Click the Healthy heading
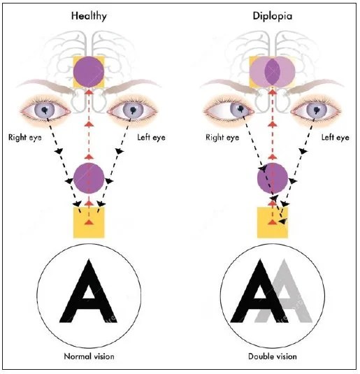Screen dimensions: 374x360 click(x=88, y=15)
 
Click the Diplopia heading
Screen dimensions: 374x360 click(x=273, y=15)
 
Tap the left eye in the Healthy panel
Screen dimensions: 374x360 click(x=132, y=110)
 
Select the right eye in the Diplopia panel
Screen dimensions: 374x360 click(x=229, y=110)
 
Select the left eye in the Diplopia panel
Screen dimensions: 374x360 click(x=315, y=110)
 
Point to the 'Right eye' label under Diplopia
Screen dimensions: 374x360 click(x=222, y=138)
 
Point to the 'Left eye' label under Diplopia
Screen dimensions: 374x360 click(x=334, y=138)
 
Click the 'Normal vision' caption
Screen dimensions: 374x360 click(x=88, y=357)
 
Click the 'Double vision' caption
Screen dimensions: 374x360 click(x=273, y=357)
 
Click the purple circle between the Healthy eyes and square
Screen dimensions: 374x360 click(x=89, y=177)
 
